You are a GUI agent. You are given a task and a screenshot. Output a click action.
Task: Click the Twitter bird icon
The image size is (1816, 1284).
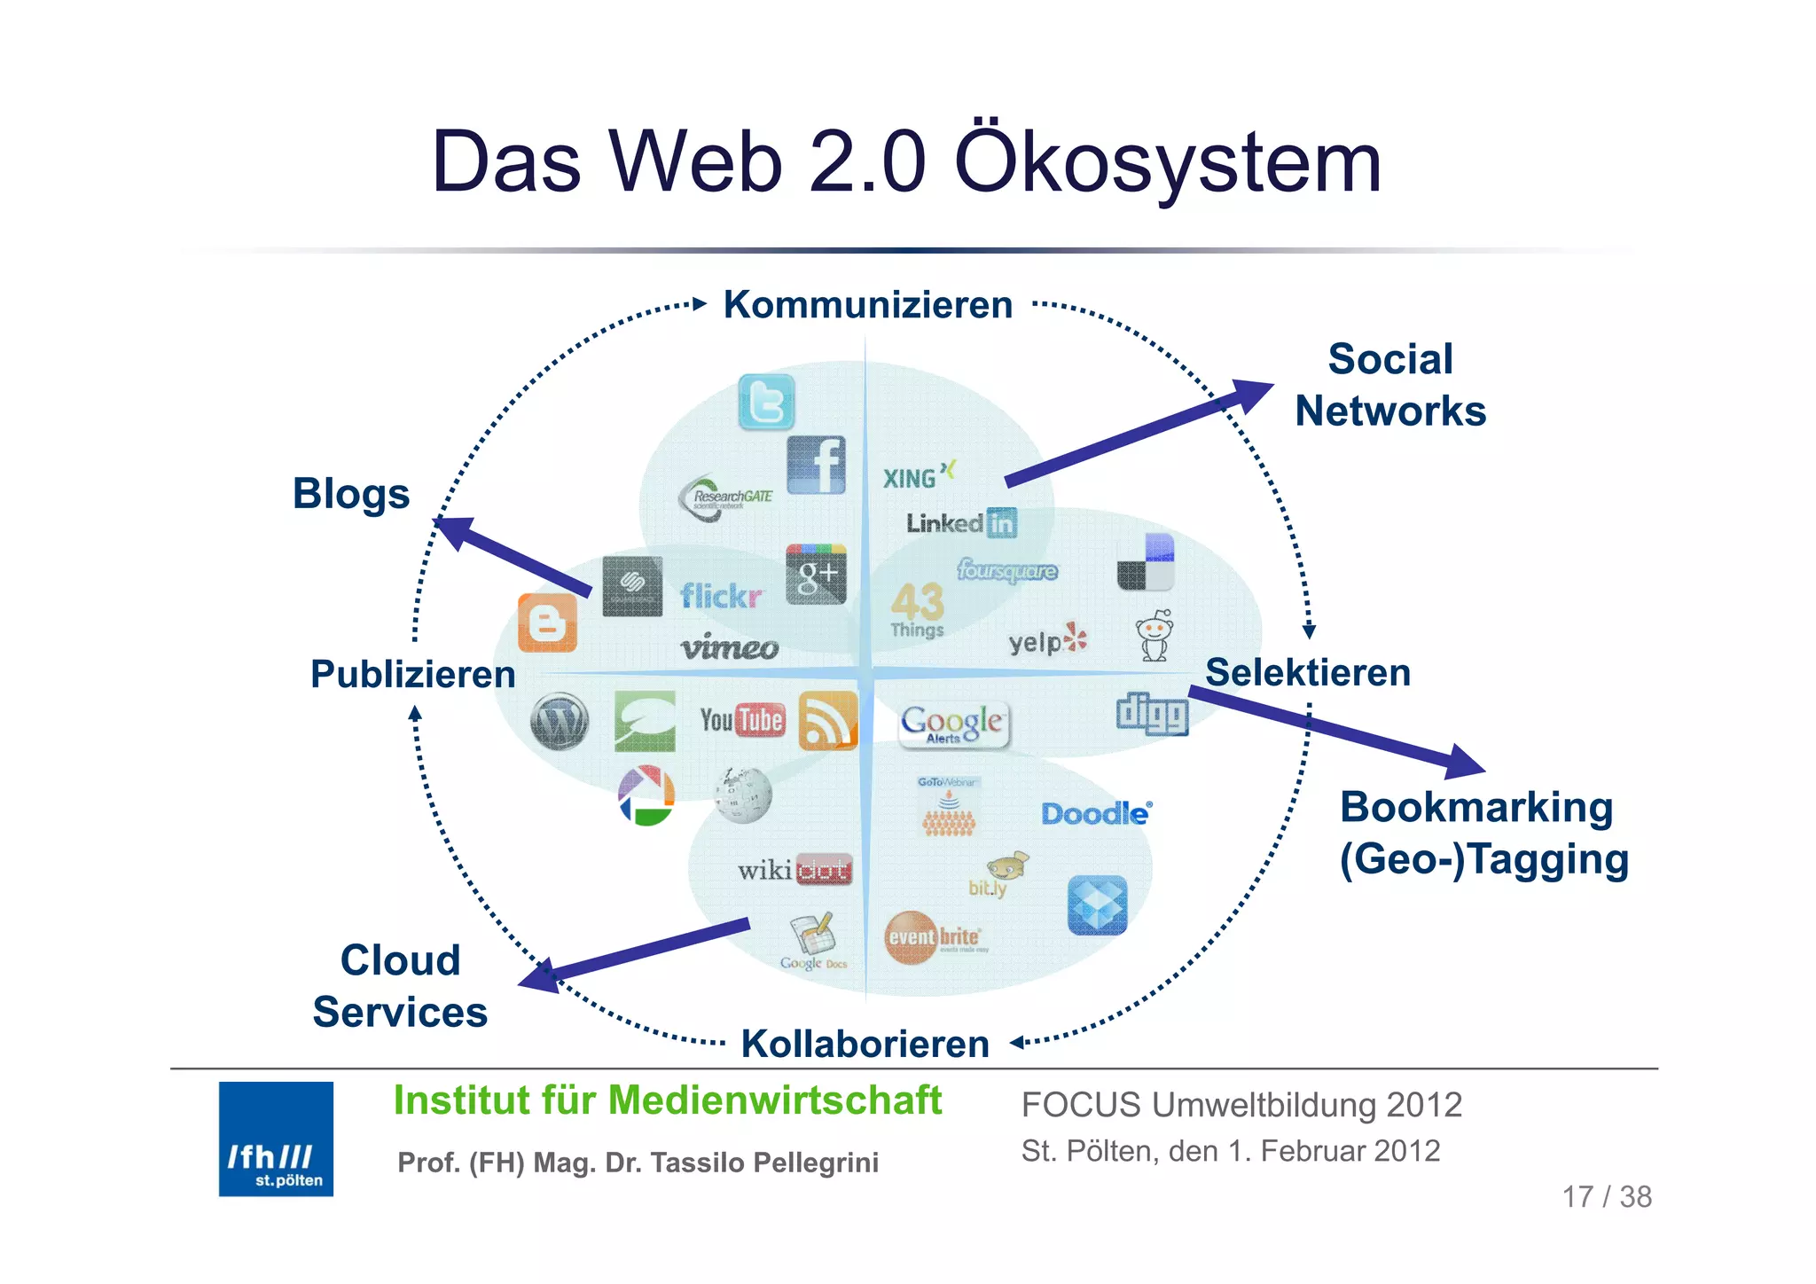[766, 402]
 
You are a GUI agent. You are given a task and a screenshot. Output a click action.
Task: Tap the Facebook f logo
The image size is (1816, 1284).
[816, 465]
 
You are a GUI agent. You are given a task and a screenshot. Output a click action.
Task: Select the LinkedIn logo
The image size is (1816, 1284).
[961, 523]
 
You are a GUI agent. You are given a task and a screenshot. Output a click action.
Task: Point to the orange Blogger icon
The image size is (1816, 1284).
[547, 622]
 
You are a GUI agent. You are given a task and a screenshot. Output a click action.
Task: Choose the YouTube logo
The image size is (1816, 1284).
[742, 719]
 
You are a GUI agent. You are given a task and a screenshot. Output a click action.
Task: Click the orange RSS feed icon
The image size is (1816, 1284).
[827, 721]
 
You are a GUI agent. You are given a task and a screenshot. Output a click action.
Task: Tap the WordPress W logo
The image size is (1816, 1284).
[559, 722]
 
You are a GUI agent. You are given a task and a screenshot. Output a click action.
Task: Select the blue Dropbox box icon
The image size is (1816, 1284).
[1097, 905]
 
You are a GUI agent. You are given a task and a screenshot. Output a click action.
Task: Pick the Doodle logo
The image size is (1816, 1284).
[1096, 813]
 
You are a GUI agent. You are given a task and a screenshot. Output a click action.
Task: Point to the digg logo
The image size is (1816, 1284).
[1151, 714]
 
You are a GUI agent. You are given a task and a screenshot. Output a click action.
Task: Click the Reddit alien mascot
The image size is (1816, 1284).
[1155, 636]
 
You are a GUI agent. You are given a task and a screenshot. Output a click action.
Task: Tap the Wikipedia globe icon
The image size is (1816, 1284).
[743, 795]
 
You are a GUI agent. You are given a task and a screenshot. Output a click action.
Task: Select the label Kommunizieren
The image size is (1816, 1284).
[867, 305]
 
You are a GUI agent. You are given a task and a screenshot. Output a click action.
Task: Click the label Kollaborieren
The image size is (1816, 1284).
[865, 1044]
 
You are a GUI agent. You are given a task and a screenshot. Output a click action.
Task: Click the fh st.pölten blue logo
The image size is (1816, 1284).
[276, 1139]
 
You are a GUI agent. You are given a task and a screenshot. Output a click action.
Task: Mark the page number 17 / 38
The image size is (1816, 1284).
[1606, 1197]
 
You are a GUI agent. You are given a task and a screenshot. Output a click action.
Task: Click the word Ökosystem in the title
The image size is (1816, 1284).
[1168, 162]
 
